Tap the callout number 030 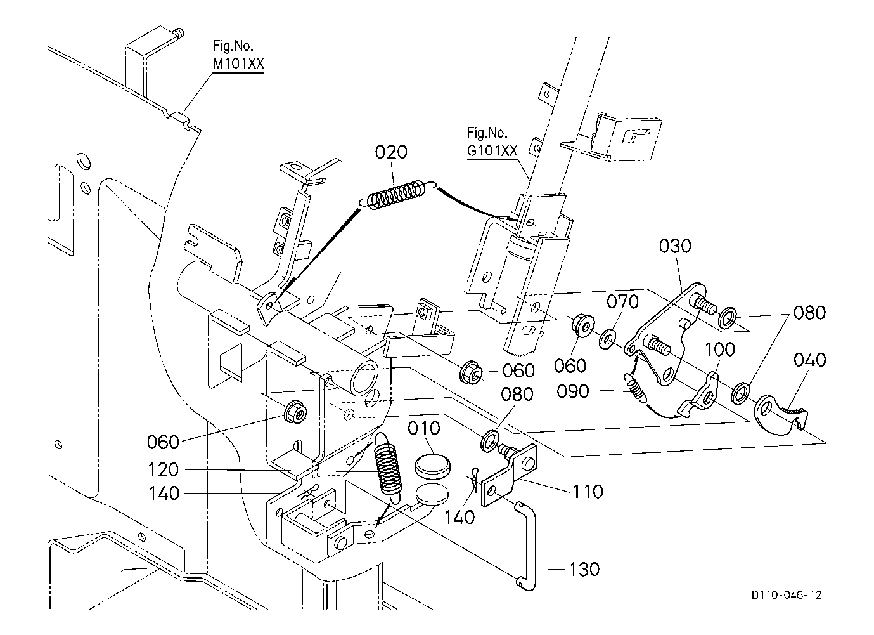point(675,246)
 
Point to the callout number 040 point(810,360)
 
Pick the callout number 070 point(623,302)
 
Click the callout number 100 point(719,349)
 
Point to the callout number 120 point(165,470)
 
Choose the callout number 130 point(584,569)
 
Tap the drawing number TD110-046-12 point(783,595)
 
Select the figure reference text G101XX point(492,151)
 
